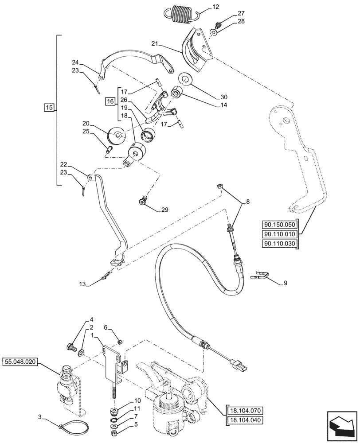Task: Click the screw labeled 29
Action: tap(142, 202)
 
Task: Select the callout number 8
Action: tap(247, 202)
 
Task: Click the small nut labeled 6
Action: tap(120, 341)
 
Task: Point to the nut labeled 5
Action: tap(114, 432)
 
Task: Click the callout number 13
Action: tap(82, 283)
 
